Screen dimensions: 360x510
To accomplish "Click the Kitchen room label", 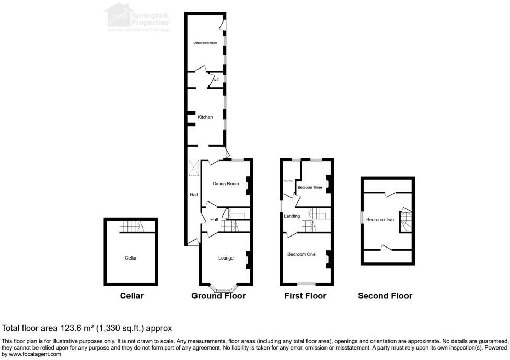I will (205, 117).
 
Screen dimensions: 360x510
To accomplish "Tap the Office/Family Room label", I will (205, 43).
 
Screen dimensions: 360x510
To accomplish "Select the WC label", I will (215, 80).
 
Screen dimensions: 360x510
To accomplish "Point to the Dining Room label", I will (226, 184).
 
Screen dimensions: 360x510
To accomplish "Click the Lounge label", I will (226, 258).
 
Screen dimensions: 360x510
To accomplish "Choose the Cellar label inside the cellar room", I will (131, 258).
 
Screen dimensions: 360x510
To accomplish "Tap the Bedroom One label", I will (301, 254).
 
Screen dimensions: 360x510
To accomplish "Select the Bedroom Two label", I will (380, 220).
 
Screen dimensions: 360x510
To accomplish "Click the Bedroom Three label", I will (310, 187).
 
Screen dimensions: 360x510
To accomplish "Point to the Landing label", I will (292, 216).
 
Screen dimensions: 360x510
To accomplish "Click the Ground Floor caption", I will (218, 296).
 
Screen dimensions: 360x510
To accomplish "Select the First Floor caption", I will (305, 296).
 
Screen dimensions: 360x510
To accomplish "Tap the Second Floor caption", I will (385, 296).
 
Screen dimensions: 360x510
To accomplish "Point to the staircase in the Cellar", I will (131, 226).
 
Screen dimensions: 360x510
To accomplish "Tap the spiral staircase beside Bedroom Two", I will (406, 221).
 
